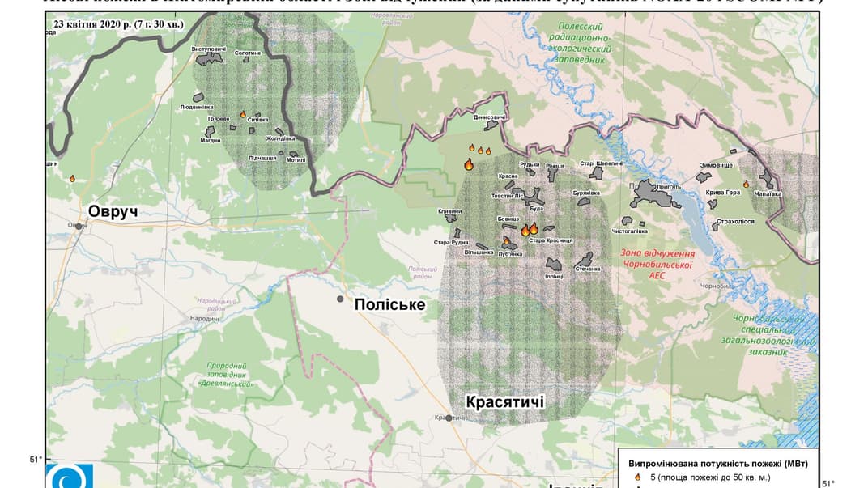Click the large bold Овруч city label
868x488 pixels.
coord(113,211)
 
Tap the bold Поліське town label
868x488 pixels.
coord(389,304)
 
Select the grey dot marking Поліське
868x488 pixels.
coord(341,299)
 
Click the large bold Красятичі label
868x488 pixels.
coord(504,402)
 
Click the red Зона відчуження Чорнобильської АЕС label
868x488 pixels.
coord(657,263)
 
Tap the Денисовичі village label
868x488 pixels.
coord(490,118)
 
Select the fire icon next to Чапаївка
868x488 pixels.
coord(746,185)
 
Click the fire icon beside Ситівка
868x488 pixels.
coord(242,115)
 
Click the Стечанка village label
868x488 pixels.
coord(587,269)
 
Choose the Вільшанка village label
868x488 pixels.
coord(479,252)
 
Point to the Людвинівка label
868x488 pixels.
coord(196,107)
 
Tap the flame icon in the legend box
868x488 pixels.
coord(637,477)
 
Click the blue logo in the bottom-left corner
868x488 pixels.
coord(70,477)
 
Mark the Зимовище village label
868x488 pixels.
coord(715,165)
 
